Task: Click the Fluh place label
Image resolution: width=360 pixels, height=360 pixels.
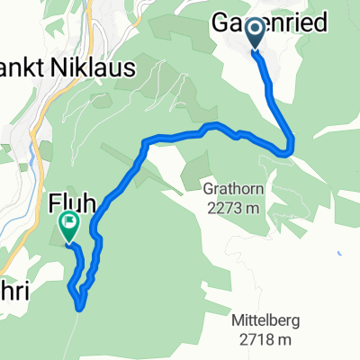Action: point(67,203)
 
